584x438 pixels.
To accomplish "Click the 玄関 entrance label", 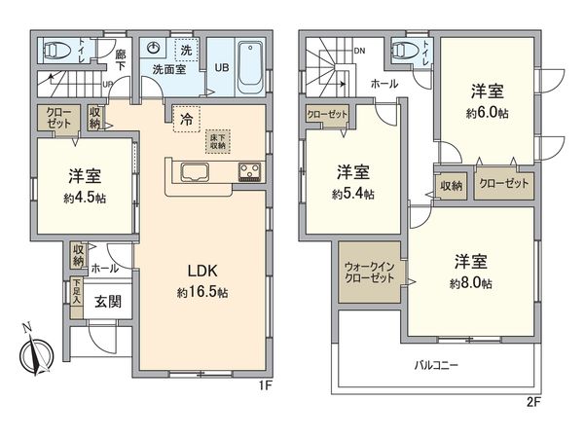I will coord(107,302).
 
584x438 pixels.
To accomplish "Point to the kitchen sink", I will coord(192,174).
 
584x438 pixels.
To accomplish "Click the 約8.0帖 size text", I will coord(472,283).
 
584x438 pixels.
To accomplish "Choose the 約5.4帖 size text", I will coord(351,193).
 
